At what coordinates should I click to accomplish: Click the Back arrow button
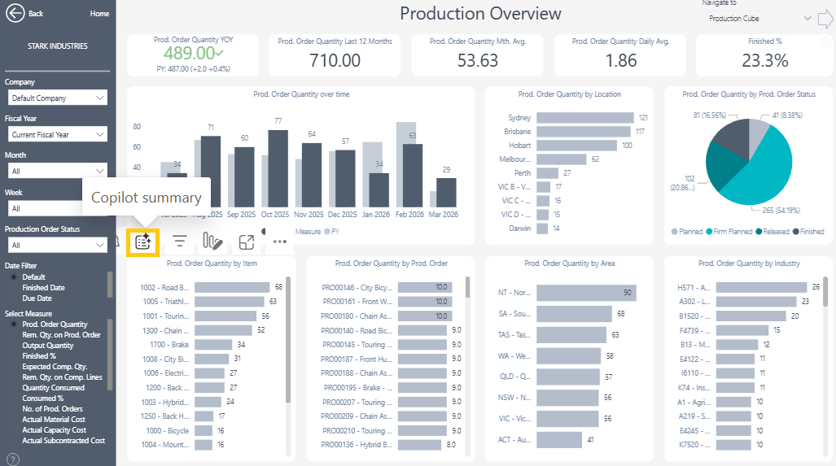(15, 14)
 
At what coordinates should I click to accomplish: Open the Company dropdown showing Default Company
(56, 98)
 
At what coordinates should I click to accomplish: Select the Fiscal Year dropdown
(56, 134)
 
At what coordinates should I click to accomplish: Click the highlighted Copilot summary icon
(143, 241)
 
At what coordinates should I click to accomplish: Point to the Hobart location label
(519, 146)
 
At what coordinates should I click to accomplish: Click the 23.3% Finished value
(765, 60)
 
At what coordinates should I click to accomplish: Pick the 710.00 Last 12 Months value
(335, 60)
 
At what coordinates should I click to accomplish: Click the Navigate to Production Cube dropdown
(759, 18)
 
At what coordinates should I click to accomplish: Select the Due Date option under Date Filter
(37, 298)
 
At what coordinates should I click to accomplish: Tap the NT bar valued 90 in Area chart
(586, 293)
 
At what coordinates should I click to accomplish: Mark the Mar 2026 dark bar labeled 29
(446, 193)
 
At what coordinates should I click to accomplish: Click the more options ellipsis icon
(280, 242)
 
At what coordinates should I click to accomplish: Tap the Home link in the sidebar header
(99, 14)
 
